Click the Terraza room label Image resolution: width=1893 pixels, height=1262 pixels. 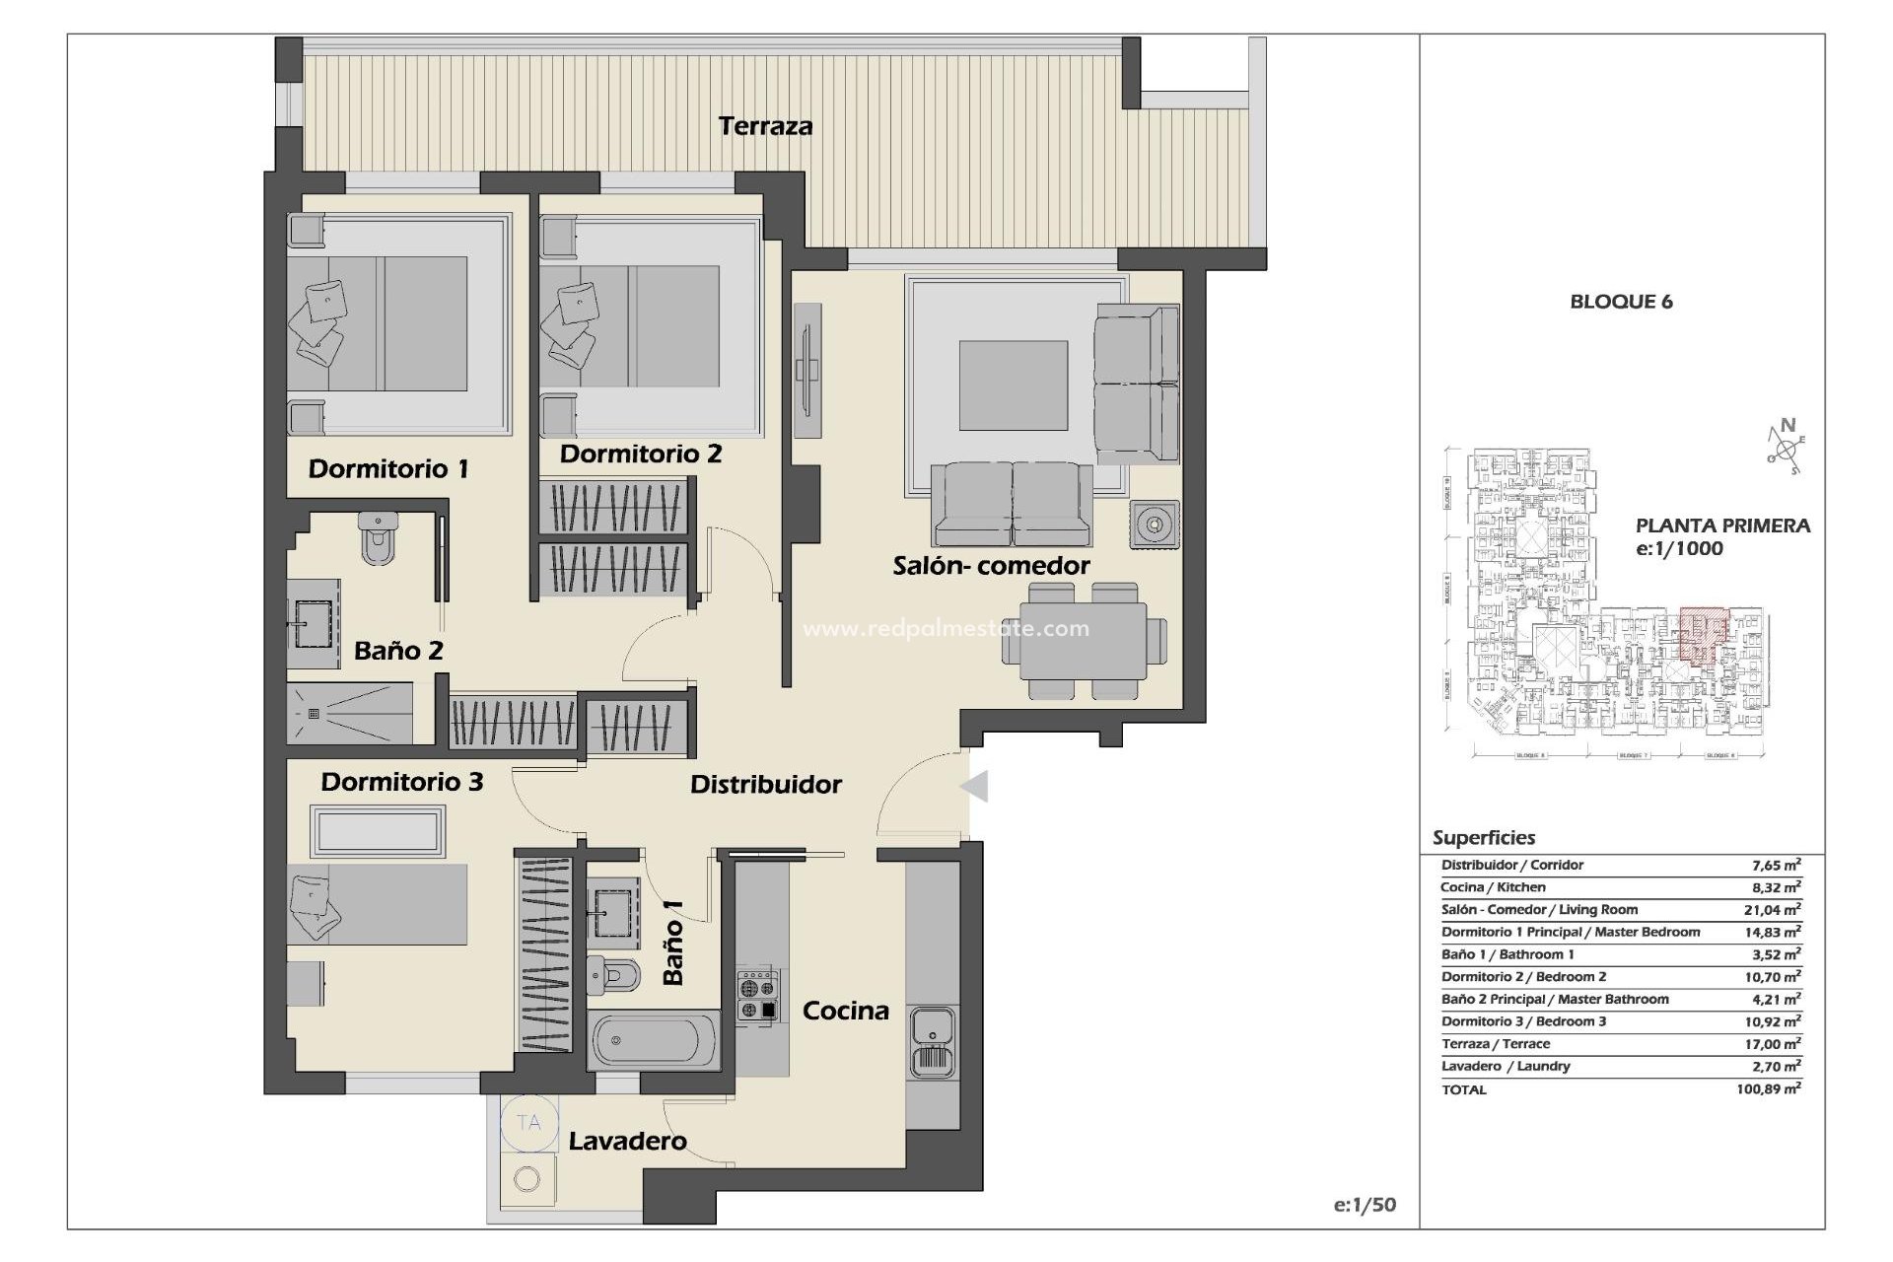(x=765, y=126)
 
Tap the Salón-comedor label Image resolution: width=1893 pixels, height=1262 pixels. (x=991, y=566)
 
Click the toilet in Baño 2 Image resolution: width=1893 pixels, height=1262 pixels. (x=378, y=538)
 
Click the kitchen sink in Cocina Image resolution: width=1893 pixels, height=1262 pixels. (x=932, y=1042)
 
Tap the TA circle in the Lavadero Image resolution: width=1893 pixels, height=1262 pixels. (x=528, y=1123)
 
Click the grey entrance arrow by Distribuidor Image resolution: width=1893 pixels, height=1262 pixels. (x=973, y=786)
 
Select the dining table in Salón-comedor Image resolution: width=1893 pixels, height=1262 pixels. (x=1084, y=640)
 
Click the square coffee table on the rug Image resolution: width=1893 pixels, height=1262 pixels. (x=1014, y=386)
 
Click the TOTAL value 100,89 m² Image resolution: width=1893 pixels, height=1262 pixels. (x=1769, y=1089)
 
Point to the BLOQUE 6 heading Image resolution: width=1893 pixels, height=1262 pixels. (x=1621, y=302)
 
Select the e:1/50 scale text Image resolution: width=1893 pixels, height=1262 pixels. (x=1365, y=1205)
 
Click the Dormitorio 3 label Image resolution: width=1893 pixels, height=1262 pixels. (x=401, y=782)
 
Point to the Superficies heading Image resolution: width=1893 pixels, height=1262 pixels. (x=1484, y=838)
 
